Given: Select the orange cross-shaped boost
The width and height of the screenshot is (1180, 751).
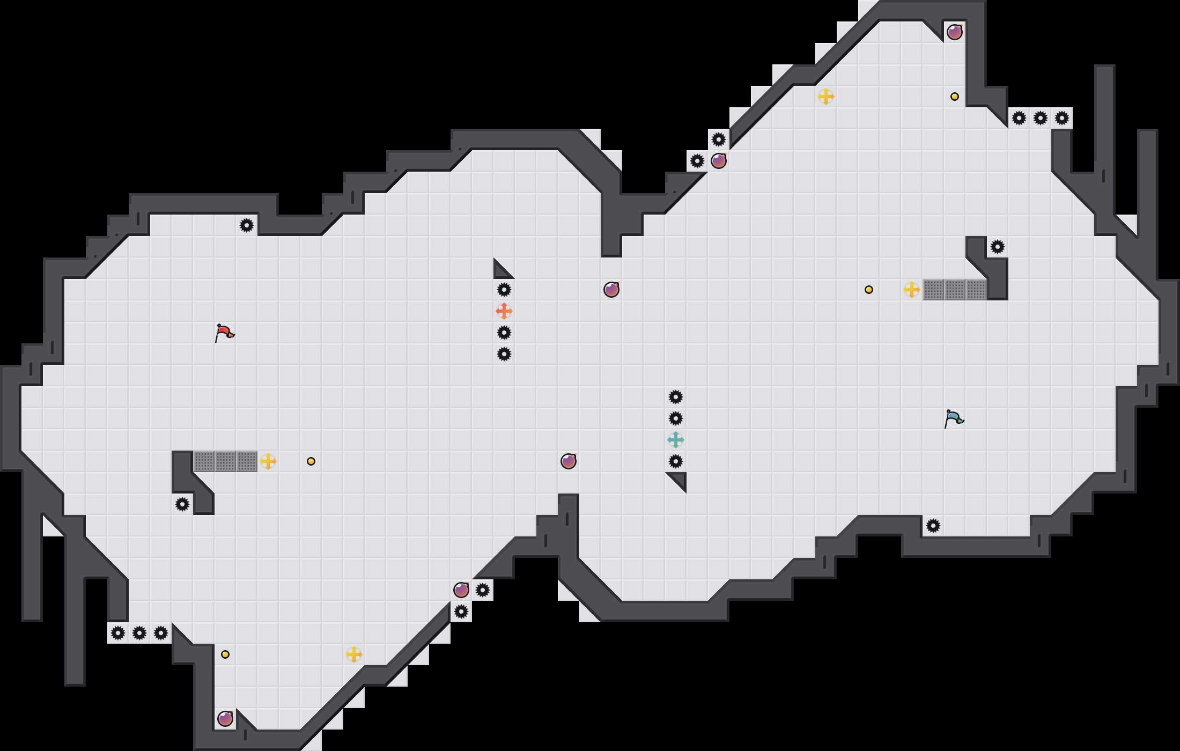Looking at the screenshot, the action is coord(504,311).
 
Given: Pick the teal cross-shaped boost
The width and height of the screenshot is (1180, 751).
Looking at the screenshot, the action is coord(676,440).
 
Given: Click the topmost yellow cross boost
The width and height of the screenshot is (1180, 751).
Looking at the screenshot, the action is coord(826,97).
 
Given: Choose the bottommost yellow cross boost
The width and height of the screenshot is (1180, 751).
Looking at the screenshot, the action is coord(354,654).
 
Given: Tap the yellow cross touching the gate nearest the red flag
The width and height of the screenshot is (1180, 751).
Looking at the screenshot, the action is coord(268,461).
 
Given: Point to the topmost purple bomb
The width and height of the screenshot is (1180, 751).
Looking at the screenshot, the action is coord(955,32).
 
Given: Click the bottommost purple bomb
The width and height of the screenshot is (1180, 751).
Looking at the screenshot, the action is coord(225,719).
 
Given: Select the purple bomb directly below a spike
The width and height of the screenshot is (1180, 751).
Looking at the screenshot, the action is coord(719,161).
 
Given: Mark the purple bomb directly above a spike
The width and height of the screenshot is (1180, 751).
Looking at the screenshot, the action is coord(461,590).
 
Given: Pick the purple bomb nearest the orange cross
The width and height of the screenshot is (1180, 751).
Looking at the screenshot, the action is coord(611,290).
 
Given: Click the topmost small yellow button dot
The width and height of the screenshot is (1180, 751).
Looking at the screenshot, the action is coord(955,97).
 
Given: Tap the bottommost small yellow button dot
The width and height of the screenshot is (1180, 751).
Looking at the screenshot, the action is coord(225,654).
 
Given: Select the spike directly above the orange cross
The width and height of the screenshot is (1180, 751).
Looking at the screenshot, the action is coord(504,290).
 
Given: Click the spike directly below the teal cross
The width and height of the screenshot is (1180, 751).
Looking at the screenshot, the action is coord(676,461).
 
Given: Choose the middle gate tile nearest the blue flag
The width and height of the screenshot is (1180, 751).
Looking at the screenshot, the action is coord(955,290).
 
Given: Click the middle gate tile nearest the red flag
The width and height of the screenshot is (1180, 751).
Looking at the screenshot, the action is coord(225,461).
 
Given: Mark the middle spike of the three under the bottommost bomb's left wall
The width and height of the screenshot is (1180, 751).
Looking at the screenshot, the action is coord(139,633).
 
